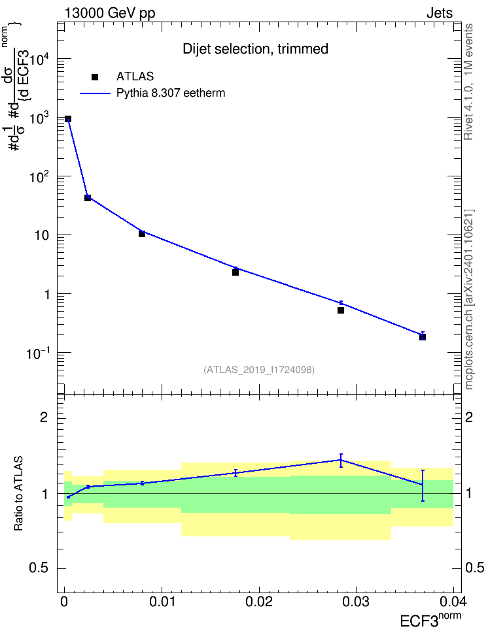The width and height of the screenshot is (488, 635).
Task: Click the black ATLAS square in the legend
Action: click(x=95, y=77)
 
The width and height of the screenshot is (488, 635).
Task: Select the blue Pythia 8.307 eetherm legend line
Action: click(x=95, y=93)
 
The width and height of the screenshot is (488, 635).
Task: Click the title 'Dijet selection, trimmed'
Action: click(x=256, y=49)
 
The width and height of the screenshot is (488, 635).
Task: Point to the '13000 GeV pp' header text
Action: click(x=110, y=13)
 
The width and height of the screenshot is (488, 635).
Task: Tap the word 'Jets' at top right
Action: click(x=440, y=13)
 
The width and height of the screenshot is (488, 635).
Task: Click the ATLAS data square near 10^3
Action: click(x=68, y=119)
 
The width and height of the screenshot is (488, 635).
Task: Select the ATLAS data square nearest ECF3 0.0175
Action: click(x=235, y=272)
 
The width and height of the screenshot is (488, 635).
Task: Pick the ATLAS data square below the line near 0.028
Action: click(x=341, y=310)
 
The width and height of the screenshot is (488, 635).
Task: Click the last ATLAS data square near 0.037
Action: click(x=423, y=337)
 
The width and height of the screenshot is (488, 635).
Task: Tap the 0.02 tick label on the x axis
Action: click(x=259, y=602)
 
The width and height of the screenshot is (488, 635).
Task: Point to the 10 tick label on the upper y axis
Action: click(x=42, y=235)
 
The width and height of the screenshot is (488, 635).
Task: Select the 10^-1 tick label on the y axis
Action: click(x=38, y=353)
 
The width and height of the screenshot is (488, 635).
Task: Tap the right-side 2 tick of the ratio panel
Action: click(x=469, y=417)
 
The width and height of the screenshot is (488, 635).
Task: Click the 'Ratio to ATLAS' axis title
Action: click(x=18, y=494)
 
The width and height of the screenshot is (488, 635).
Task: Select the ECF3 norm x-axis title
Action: click(x=430, y=620)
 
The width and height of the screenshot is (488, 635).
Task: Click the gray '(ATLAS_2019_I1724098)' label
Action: click(x=259, y=370)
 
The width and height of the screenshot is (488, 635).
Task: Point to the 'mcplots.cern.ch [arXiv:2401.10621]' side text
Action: click(x=469, y=300)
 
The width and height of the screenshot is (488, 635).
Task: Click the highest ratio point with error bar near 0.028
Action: click(x=341, y=460)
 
